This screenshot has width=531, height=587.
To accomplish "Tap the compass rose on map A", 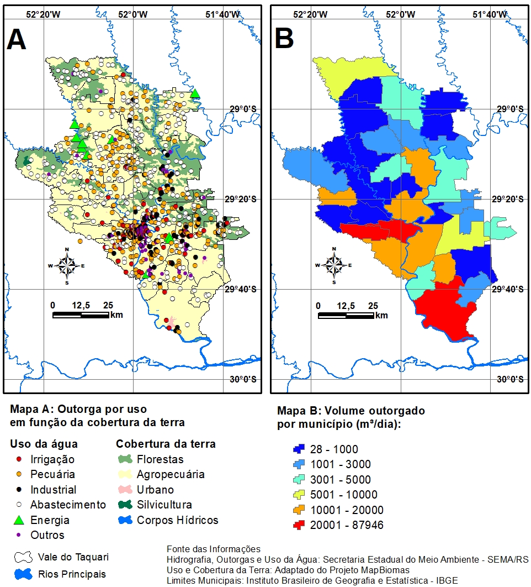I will [67, 266].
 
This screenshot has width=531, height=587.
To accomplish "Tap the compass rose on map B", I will [334, 266].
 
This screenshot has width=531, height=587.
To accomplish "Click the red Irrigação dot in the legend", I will [19, 459].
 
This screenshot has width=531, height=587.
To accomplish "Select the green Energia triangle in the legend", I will [19, 520].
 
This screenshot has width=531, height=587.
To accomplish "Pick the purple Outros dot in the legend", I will [19, 535].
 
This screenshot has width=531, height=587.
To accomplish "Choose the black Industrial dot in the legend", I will [19, 490].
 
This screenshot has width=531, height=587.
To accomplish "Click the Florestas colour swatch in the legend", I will [125, 459].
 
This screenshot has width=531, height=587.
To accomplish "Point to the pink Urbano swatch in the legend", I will [125, 490].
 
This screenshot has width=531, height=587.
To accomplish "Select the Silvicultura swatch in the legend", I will [125, 505].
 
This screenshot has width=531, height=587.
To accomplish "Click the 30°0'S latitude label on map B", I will [509, 379].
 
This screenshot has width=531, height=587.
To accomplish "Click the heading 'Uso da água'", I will [44, 444].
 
